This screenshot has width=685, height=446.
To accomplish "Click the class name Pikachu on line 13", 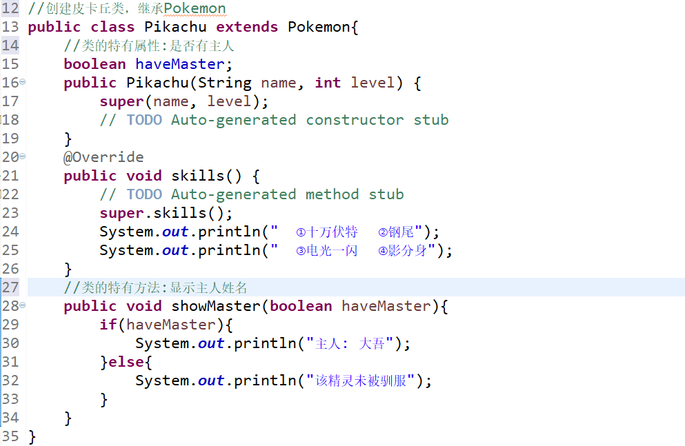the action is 175,27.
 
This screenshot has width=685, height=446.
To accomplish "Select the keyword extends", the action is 247,27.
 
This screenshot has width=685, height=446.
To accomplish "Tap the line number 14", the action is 10,45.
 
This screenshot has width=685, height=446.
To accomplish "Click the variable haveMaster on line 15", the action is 180,64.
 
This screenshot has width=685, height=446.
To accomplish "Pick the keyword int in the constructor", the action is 328,83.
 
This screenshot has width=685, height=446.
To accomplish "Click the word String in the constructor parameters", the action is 225,83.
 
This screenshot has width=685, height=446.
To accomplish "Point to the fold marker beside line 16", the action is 22,81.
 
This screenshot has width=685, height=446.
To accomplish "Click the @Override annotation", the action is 103,157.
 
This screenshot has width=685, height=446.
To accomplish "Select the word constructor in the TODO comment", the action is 355,119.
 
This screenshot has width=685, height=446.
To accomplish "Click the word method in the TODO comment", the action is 332,194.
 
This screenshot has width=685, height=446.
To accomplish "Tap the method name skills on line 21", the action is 197,176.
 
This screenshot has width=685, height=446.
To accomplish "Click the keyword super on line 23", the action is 121,214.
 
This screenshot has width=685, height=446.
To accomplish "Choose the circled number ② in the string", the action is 383,232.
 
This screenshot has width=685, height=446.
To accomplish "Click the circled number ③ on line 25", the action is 301,251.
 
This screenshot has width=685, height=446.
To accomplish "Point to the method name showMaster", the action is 216,306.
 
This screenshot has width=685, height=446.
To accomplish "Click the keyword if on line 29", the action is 108,325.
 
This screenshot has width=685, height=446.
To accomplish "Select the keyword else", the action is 126,362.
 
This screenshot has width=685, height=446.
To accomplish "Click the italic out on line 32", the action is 211,381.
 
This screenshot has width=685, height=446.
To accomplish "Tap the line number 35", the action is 10,436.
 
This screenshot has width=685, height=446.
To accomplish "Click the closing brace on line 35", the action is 32,437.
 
